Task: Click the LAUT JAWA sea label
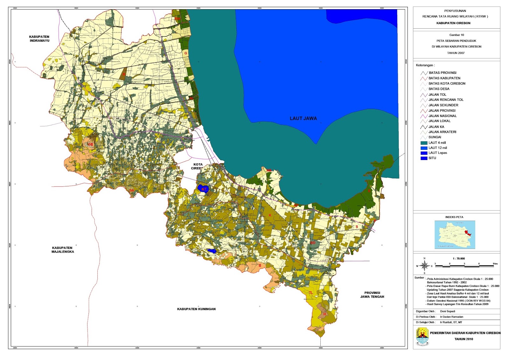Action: pyautogui.click(x=303, y=118)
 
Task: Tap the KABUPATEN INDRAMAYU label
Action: pyautogui.click(x=39, y=39)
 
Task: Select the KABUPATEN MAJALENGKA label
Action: pyautogui.click(x=62, y=250)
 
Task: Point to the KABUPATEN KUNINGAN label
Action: pyautogui.click(x=196, y=309)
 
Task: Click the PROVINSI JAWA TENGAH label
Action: pyautogui.click(x=372, y=295)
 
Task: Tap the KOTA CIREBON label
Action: pyautogui.click(x=198, y=166)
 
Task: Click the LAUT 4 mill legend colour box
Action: pyautogui.click(x=423, y=143)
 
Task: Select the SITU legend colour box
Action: pyautogui.click(x=423, y=158)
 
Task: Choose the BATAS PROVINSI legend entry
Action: pyautogui.click(x=442, y=73)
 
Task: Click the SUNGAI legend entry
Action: pyautogui.click(x=434, y=137)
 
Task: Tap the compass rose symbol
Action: pyautogui.click(x=424, y=266)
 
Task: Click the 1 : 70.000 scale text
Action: pyautogui.click(x=459, y=259)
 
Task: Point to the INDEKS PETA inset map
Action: pyautogui.click(x=455, y=234)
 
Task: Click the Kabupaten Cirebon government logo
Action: pyautogui.click(x=422, y=337)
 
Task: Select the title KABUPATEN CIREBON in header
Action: pyautogui.click(x=453, y=23)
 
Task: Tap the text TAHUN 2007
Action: pyautogui.click(x=456, y=53)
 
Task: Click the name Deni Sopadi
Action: pyautogui.click(x=447, y=311)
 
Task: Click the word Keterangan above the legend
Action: pyautogui.click(x=425, y=65)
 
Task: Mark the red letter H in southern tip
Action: pyautogui.click(x=324, y=314)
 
